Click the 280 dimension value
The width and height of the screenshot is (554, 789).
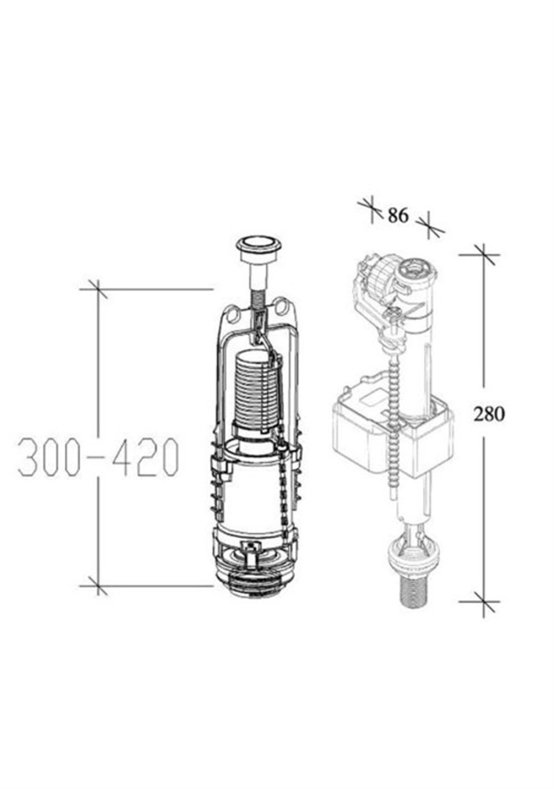click(489, 414)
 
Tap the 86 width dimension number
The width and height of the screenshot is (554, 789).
click(398, 215)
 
